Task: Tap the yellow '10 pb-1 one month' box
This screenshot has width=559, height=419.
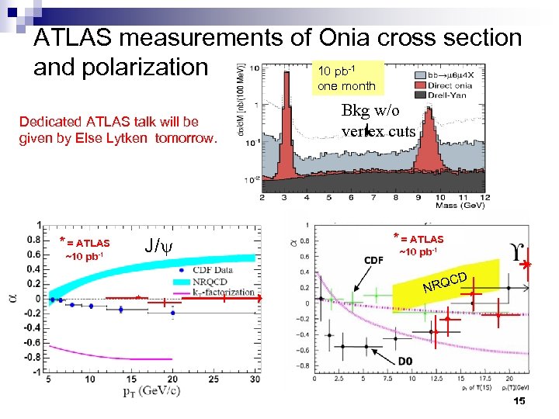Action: [346, 77]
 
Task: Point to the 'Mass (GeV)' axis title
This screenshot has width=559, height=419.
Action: [460, 206]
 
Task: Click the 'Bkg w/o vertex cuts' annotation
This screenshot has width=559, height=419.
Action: [379, 122]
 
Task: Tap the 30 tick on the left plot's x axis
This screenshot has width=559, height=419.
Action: [255, 379]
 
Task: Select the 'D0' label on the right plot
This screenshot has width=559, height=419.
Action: [405, 362]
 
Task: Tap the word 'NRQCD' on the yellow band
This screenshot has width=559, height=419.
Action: [445, 283]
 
